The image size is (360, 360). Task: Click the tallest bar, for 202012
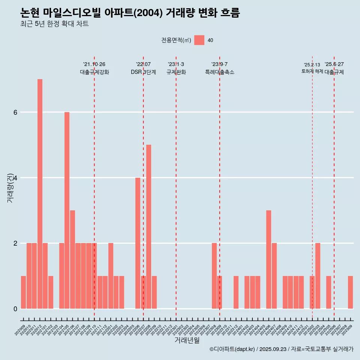click(40, 193)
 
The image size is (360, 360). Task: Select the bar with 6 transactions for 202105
click(67, 210)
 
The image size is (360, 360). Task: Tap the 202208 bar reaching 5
click(148, 226)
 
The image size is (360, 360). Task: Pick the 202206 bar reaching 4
click(138, 243)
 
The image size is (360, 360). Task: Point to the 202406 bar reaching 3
click(268, 259)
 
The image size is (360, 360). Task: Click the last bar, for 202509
click(350, 292)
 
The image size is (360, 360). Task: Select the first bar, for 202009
click(23, 292)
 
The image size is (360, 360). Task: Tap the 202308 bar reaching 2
click(214, 276)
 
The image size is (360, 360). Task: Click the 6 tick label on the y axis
click(15, 112)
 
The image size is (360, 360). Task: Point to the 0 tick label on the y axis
click(15, 309)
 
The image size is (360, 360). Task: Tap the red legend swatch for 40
click(199, 40)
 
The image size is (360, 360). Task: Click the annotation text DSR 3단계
click(143, 72)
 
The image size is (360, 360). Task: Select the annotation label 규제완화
click(176, 72)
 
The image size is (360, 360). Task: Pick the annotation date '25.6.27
click(334, 64)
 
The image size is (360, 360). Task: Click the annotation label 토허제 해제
click(312, 71)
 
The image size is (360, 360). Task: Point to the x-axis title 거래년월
click(187, 340)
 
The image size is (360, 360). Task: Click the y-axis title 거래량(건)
click(10, 187)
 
